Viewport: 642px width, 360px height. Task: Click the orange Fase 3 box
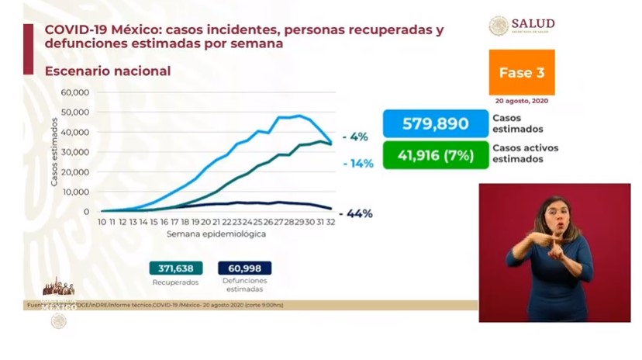click(521, 72)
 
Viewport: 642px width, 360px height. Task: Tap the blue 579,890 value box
click(435, 123)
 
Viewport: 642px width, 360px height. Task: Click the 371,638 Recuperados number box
click(176, 268)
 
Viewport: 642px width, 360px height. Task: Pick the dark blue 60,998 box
click(244, 268)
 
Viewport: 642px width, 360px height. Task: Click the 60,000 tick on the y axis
click(76, 92)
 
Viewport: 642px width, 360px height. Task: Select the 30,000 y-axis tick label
click(76, 152)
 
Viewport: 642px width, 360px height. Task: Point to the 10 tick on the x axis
click(102, 223)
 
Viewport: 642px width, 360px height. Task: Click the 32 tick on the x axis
click(330, 223)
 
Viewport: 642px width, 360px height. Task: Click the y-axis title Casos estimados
click(54, 152)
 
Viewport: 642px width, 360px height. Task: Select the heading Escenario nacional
click(108, 71)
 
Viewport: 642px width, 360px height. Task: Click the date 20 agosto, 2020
click(522, 102)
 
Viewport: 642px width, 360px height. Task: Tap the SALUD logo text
click(533, 24)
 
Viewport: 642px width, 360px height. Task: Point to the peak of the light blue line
click(299, 116)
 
